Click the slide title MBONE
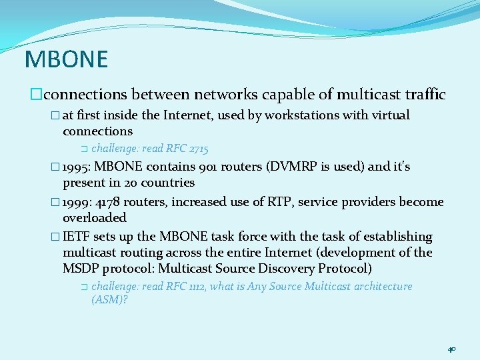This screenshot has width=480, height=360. [x=66, y=59]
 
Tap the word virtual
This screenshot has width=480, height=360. [x=387, y=115]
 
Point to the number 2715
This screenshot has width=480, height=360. [x=199, y=149]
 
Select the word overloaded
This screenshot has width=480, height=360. [x=94, y=218]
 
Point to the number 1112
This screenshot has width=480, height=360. [x=198, y=286]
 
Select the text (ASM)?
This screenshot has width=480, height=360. [x=109, y=300]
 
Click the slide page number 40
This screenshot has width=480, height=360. [x=451, y=349]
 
